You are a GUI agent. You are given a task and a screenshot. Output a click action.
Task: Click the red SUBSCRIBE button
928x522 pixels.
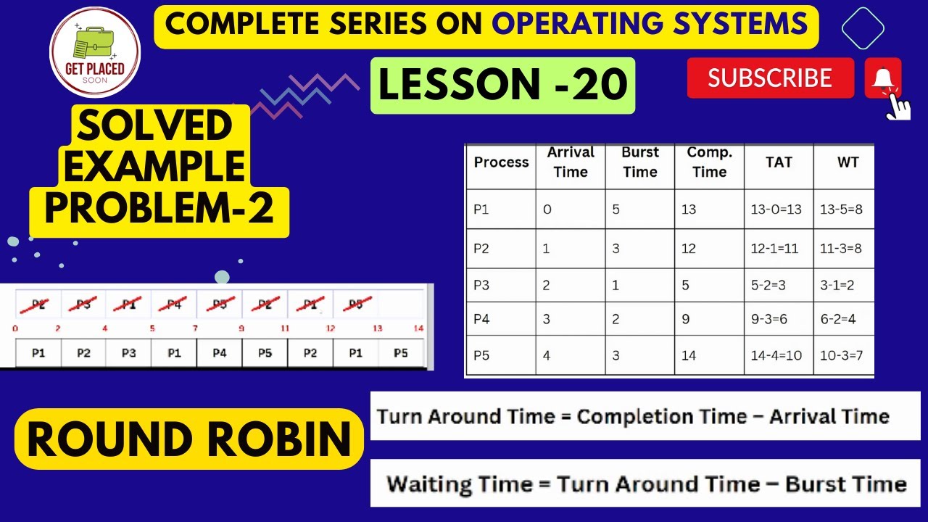pos(770,78)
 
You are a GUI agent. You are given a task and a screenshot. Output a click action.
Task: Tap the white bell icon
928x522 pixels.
pos(882,78)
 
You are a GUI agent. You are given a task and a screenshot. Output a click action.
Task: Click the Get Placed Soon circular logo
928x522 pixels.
pos(95,51)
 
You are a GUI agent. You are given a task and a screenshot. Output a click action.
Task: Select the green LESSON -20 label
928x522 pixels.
pos(502,86)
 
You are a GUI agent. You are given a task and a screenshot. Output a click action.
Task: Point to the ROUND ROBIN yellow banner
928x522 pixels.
pos(188,439)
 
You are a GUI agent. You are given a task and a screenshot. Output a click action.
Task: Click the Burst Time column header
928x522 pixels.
pos(639,162)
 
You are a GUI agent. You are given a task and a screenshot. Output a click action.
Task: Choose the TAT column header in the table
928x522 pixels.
pos(778,162)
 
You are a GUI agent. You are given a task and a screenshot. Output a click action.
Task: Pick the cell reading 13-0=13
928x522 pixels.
pos(776,210)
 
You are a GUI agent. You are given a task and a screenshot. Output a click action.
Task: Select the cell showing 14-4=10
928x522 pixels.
pos(776,355)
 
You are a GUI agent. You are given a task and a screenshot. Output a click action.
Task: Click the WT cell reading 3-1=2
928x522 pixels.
pos(837,285)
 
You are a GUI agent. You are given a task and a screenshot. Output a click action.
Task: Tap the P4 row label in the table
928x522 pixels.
pos(481,319)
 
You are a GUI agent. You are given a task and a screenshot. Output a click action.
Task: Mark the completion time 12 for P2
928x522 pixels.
pos(688,248)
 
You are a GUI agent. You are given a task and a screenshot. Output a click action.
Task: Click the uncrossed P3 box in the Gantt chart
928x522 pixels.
pos(128,353)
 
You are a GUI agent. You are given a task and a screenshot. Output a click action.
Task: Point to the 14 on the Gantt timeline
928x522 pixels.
pos(418,328)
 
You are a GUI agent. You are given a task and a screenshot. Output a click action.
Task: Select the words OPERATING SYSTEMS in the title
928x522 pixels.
pos(650,25)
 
